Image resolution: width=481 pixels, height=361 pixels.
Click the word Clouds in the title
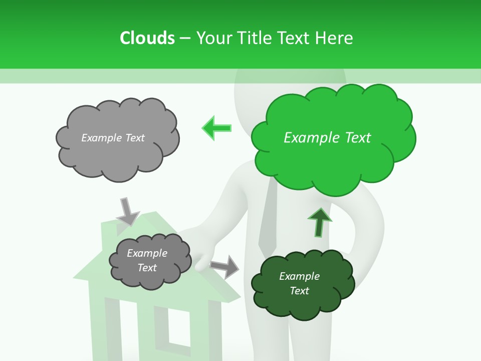(147, 38)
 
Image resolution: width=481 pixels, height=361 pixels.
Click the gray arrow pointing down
(127, 211)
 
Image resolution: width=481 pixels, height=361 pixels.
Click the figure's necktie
(268, 221)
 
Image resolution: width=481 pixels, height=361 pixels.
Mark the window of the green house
(180, 328)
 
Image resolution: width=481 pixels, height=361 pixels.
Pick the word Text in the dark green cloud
(299, 291)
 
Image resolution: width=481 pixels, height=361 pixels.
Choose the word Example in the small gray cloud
(147, 253)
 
